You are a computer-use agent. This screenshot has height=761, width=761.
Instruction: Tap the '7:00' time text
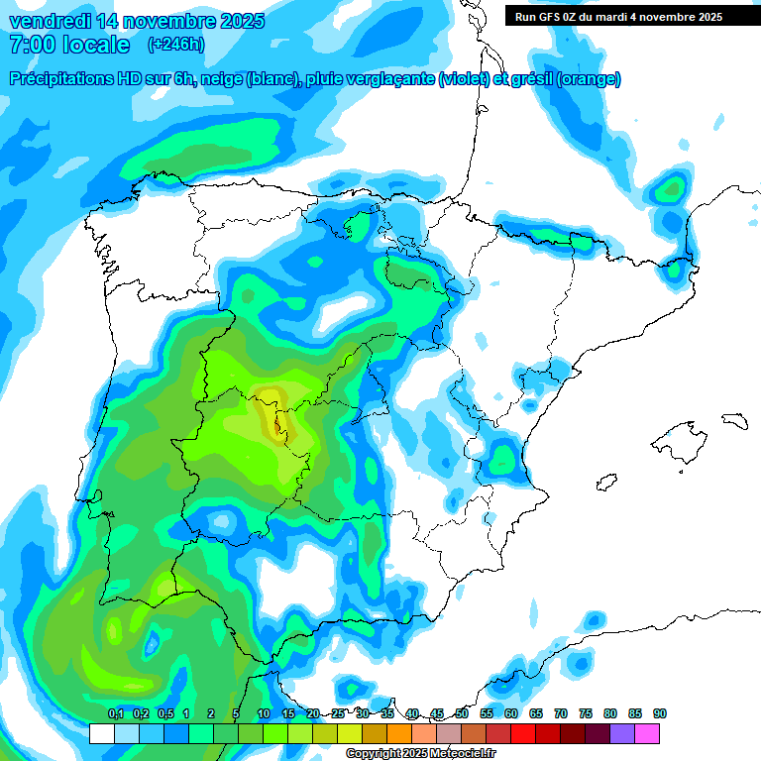click(x=31, y=45)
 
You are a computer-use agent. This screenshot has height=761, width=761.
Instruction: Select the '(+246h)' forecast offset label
click(x=175, y=45)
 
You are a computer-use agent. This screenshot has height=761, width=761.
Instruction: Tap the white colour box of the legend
click(x=101, y=733)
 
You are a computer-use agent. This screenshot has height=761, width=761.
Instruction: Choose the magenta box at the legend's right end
click(x=647, y=733)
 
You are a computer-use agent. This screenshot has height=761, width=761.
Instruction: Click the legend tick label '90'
click(x=660, y=713)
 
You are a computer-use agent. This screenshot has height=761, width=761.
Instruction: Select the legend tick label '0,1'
click(x=115, y=713)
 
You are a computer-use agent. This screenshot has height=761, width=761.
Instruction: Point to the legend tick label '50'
click(x=462, y=713)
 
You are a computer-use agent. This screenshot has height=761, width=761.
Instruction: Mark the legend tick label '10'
click(x=264, y=713)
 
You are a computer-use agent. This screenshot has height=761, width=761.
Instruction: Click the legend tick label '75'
click(x=586, y=713)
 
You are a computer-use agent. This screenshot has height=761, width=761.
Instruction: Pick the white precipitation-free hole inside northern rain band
click(x=347, y=312)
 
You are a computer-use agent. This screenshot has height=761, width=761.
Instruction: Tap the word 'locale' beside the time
click(x=96, y=45)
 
